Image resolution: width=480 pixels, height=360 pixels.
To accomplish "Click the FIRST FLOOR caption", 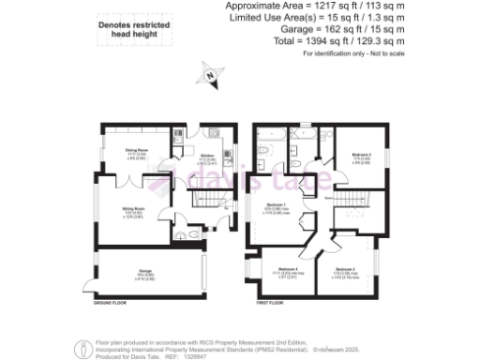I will [271, 305].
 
